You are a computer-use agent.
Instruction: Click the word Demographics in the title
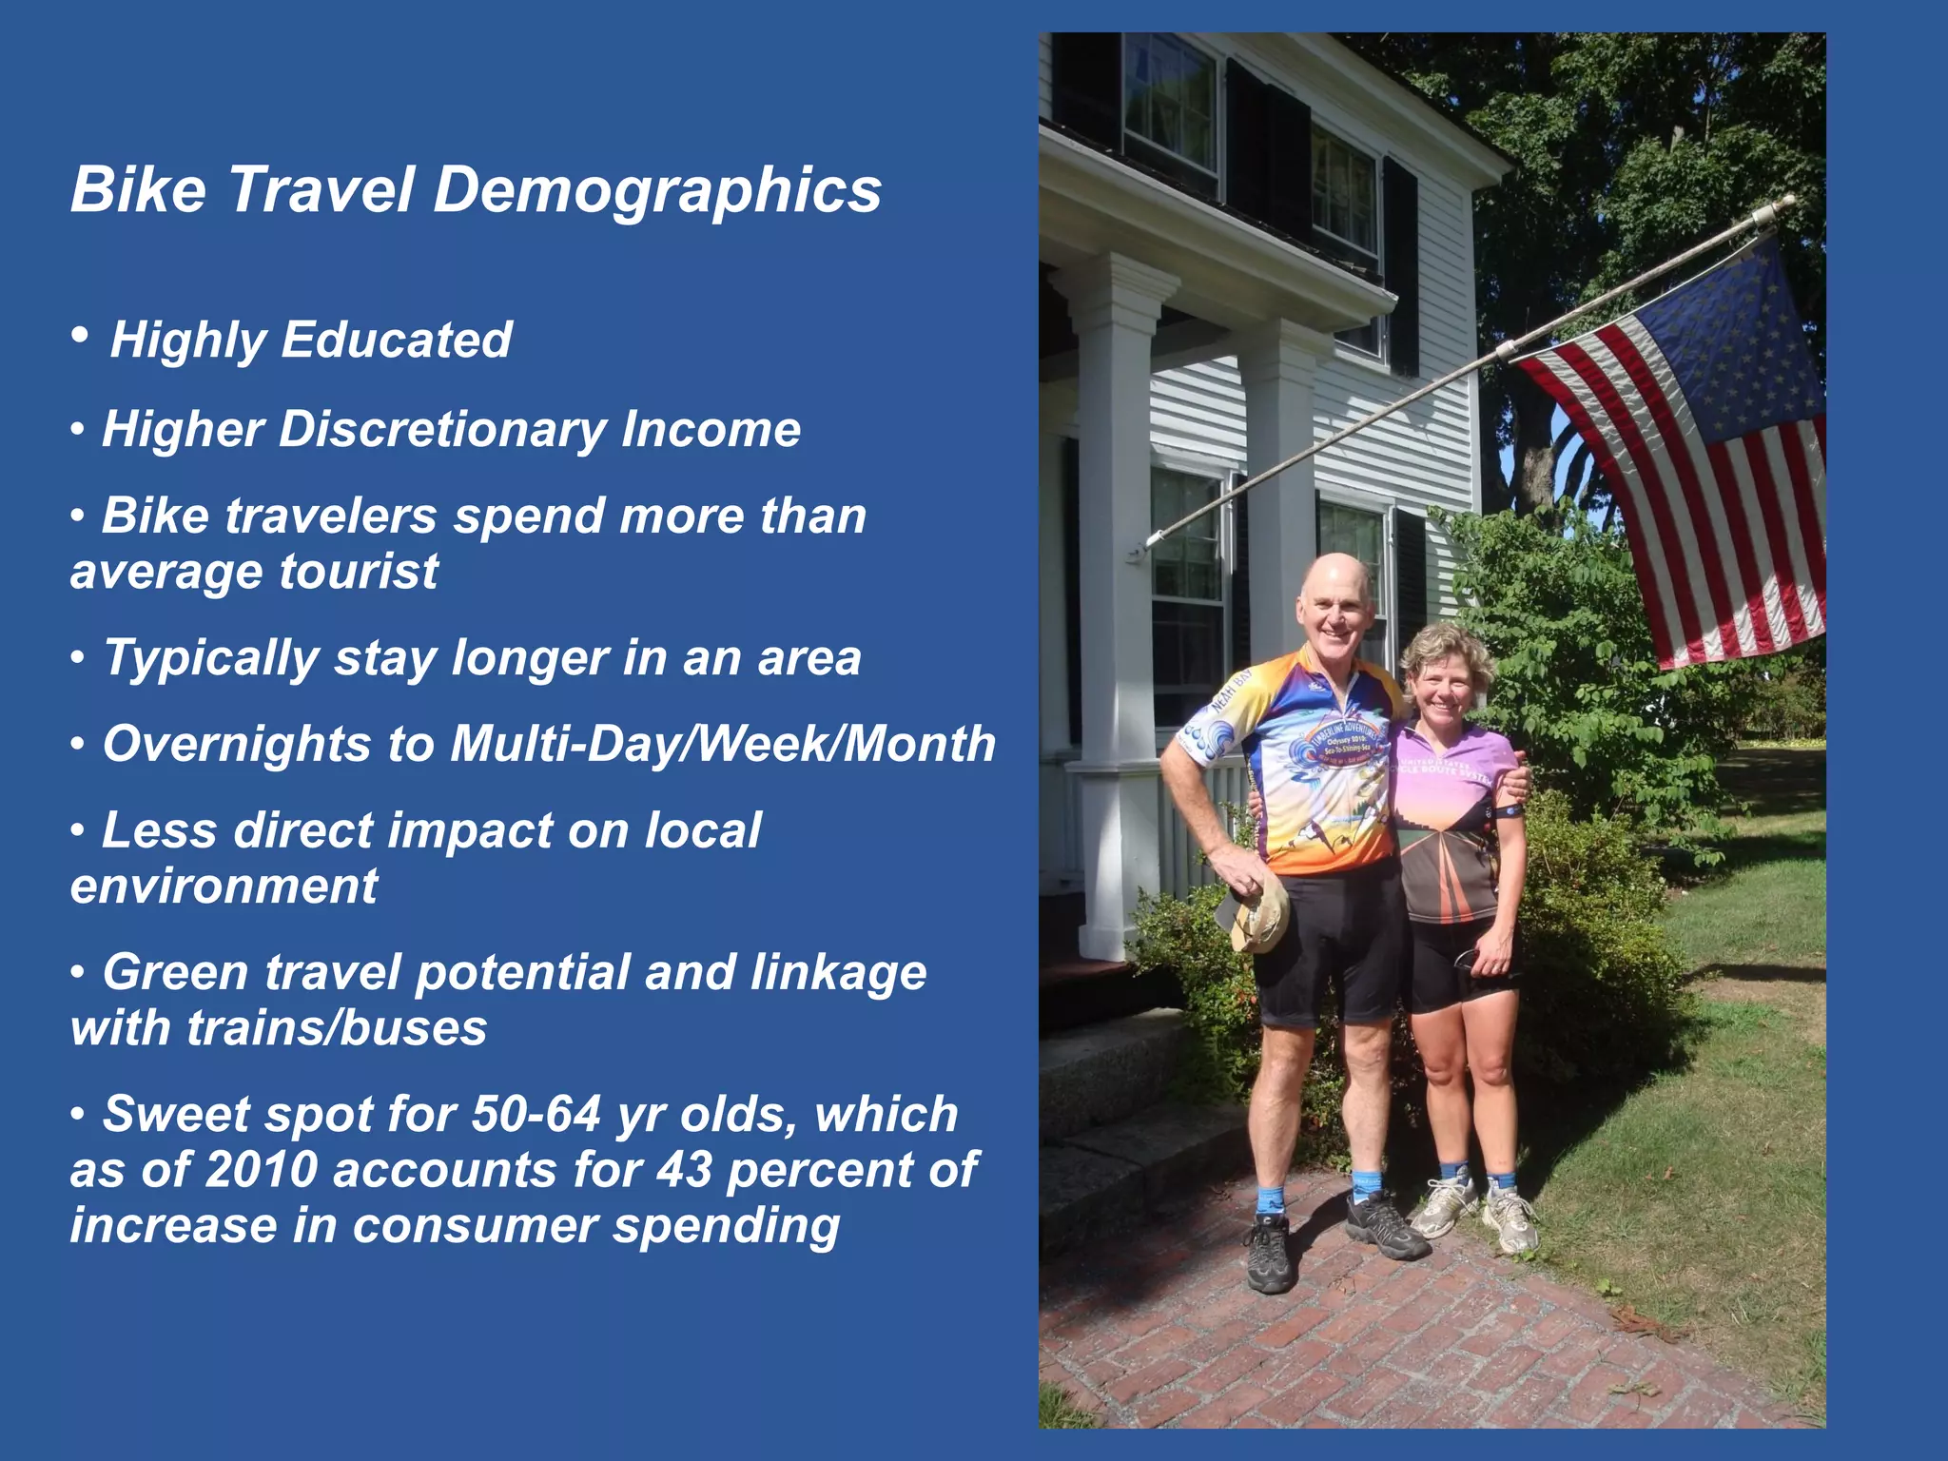(657, 190)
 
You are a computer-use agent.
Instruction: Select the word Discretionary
(442, 429)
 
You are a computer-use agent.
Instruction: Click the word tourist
(359, 572)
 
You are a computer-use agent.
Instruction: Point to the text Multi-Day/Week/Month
(723, 744)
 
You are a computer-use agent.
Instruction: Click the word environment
(224, 886)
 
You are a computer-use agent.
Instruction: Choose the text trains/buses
(337, 1028)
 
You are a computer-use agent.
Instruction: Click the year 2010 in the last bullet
(261, 1170)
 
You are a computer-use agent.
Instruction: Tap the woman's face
(1442, 685)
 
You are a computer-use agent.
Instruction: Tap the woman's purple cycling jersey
(1451, 818)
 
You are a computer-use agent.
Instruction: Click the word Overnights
(236, 744)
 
